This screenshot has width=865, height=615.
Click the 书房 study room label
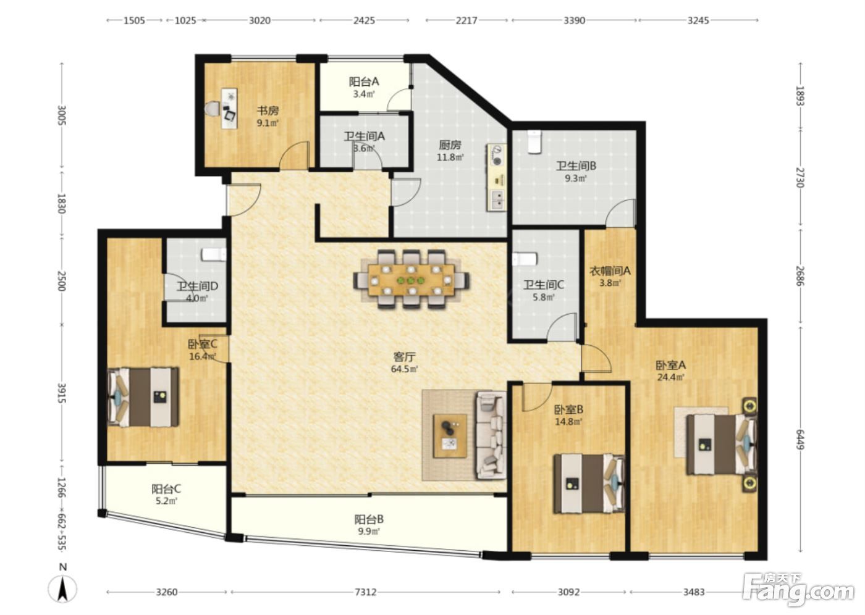pos(268,111)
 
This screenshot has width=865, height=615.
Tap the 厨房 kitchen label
pos(450,145)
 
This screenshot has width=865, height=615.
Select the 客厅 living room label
pos(404,357)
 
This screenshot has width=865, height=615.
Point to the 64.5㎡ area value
pos(404,369)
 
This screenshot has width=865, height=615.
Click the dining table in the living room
pos(411,279)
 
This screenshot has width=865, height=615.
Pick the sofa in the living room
pos(491,435)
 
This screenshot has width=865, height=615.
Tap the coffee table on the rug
pos(450,436)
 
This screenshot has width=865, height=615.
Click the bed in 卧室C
pos(143,398)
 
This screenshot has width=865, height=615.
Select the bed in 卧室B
pos(589,484)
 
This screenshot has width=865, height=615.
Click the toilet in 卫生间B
pos(534,141)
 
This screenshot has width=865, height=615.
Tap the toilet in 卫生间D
pos(214,254)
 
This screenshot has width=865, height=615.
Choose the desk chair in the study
pos(211,109)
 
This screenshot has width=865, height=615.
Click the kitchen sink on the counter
pos(498,201)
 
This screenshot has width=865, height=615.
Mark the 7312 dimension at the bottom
pos(365,592)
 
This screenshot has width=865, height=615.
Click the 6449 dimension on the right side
pos(799,440)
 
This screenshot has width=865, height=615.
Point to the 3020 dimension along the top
pos(259,20)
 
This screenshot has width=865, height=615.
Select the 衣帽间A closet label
pos(610,271)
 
